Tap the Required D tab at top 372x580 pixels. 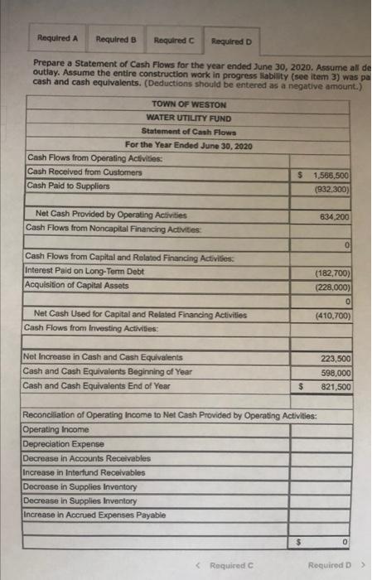230,40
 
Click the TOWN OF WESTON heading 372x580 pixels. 189,104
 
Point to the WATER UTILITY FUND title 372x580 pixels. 186,118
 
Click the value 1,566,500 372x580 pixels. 333,176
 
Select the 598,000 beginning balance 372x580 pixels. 336,373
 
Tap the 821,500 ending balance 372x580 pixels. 336,387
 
